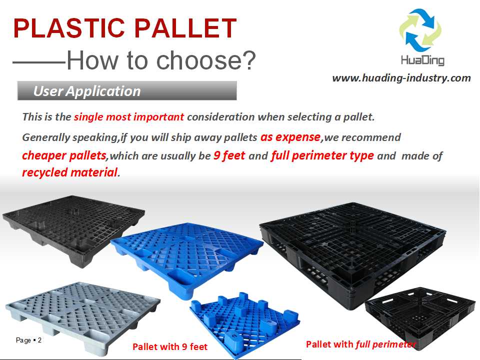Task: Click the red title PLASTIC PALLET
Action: pos(124,28)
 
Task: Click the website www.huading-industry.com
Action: pos(401,78)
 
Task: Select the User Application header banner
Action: pos(126,91)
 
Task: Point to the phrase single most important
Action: pos(129,117)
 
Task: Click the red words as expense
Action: pos(290,136)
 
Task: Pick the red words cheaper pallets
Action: pos(64,155)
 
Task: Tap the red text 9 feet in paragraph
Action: pos(229,155)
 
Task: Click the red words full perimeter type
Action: pos(322,155)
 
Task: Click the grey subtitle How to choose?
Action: pos(161,60)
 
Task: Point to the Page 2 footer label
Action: pos(29,340)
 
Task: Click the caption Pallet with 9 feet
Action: pos(169,346)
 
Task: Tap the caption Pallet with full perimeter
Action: pos(360,344)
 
